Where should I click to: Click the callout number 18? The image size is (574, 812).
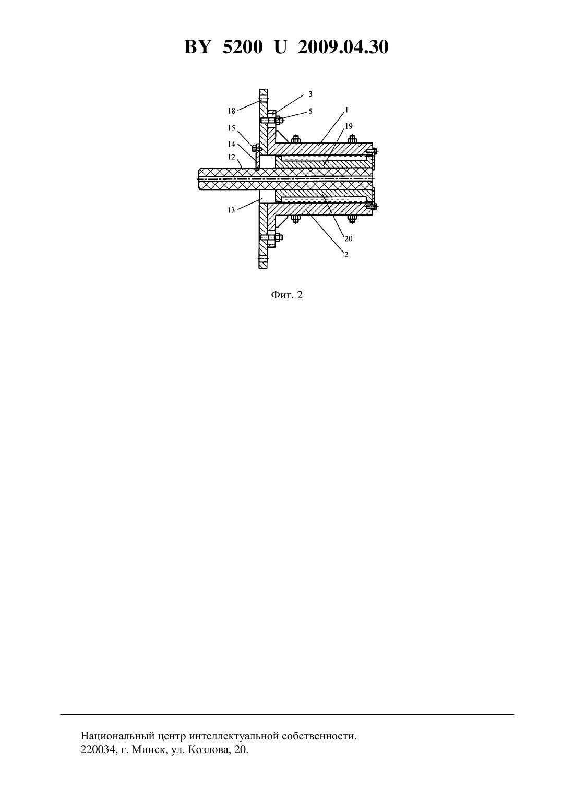232,111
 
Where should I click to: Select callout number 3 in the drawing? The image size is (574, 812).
310,94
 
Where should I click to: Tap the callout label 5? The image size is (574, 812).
310,111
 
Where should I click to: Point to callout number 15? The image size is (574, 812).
232,128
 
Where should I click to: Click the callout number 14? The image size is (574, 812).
232,144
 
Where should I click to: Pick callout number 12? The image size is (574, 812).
232,157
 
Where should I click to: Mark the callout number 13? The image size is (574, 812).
232,210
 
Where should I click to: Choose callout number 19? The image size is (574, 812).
349,126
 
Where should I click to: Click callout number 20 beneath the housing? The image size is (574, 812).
348,238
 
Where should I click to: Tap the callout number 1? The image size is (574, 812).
347,110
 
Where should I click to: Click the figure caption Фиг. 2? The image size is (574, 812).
286,295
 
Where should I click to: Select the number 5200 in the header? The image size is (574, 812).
243,47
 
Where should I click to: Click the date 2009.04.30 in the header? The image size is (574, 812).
343,47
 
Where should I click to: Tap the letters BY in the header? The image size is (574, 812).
197,47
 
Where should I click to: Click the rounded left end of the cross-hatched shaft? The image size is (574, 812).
200,178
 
